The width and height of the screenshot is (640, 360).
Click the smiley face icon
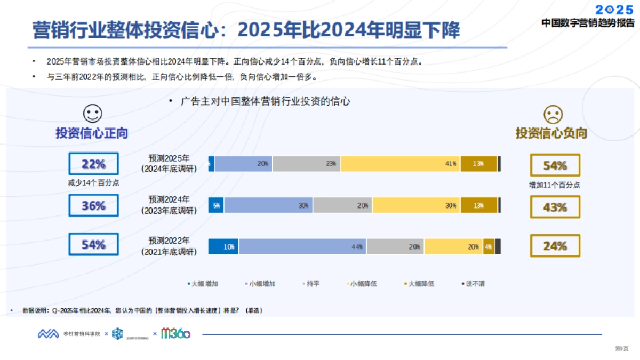[x=92, y=113]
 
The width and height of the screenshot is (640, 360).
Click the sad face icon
[x=553, y=113]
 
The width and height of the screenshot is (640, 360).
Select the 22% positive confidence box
[x=93, y=164]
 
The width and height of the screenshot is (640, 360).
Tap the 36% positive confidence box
[x=93, y=205]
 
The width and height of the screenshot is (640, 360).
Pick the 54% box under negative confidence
[x=555, y=165]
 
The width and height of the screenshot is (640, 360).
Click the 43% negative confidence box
[x=555, y=207]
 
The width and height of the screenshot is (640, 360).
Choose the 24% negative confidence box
[x=555, y=246]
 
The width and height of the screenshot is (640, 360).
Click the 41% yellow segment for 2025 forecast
[x=401, y=164]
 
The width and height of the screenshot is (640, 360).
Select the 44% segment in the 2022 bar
[x=302, y=246]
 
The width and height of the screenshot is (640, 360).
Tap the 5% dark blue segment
[x=216, y=205]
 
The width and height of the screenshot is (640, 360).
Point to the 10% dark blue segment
[x=223, y=246]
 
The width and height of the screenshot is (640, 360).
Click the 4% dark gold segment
[x=489, y=246]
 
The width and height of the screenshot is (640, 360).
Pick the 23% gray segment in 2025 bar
[x=307, y=164]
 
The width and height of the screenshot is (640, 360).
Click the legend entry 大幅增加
[x=203, y=284]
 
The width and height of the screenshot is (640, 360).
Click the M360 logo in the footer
[x=176, y=334]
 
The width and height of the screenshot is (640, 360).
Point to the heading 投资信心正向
[x=92, y=133]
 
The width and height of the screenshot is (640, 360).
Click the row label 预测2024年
[x=169, y=199]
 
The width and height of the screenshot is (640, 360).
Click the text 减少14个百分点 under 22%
[x=93, y=182]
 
